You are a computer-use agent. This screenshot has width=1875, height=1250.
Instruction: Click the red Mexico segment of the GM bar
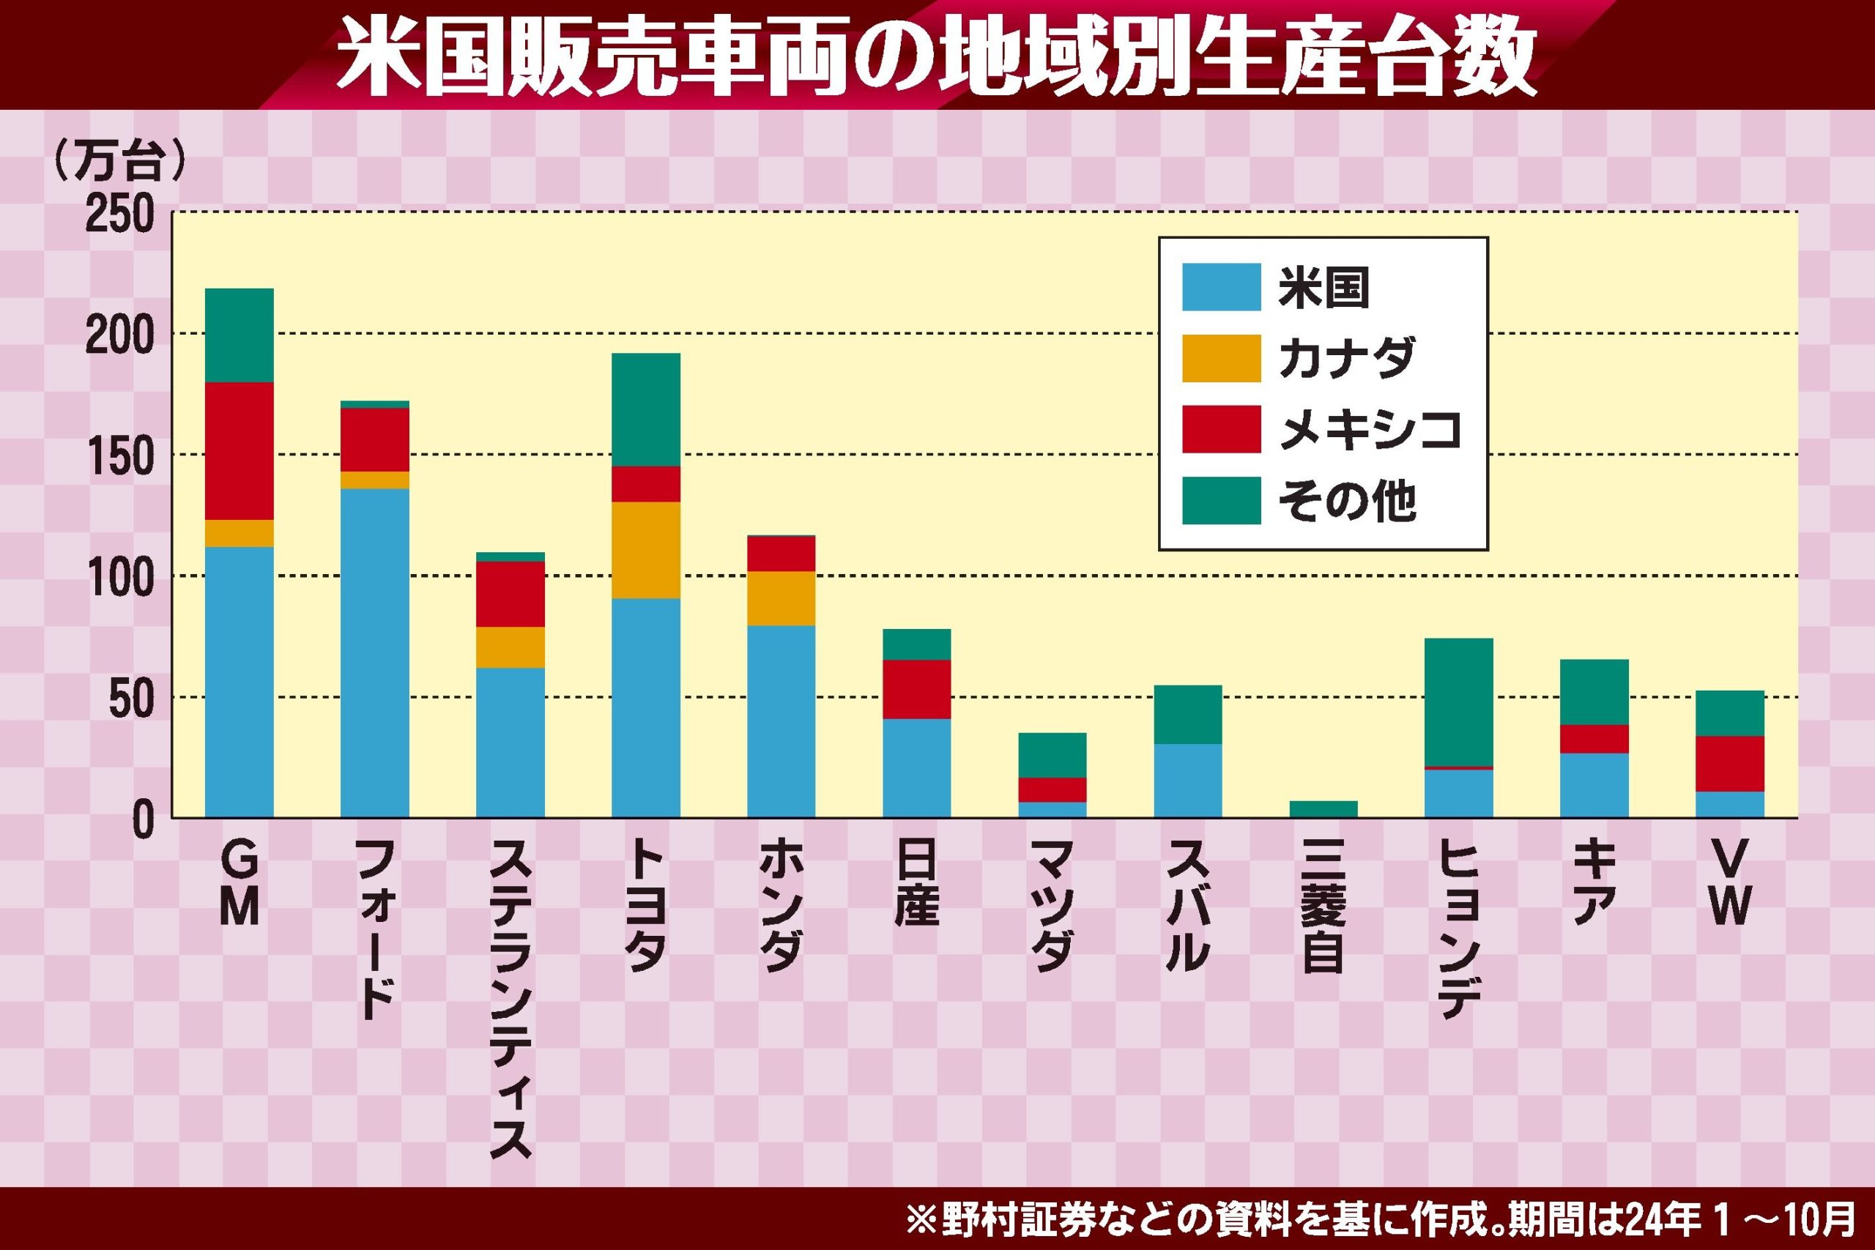240,450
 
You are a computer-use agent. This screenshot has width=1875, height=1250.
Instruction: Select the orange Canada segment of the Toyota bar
646,549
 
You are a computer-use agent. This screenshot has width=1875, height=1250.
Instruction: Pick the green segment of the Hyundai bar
1458,702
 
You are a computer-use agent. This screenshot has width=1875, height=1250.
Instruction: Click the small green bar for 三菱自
1323,808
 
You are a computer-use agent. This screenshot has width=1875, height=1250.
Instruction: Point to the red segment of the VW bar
1729,763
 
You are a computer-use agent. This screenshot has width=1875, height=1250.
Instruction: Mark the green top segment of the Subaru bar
1187,713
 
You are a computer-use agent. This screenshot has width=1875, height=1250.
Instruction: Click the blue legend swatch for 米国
1220,286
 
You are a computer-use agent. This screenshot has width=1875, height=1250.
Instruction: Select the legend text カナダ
1346,358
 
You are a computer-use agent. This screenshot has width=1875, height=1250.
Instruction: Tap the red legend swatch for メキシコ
1220,429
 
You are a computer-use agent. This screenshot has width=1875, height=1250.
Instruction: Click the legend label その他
1347,501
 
